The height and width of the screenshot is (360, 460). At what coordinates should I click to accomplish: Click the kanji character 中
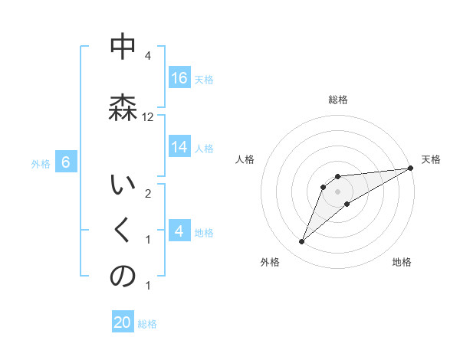click(123, 47)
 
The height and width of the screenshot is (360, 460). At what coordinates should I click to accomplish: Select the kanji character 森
click(123, 107)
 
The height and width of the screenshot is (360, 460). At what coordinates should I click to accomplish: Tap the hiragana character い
click(123, 185)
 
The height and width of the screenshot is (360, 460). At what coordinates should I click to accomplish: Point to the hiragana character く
click(123, 231)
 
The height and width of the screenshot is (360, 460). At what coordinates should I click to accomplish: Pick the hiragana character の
click(123, 277)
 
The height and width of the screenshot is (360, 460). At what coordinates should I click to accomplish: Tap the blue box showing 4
click(179, 230)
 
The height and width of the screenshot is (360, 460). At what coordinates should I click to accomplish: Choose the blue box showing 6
click(66, 162)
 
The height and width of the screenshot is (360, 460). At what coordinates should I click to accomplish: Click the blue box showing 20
click(123, 322)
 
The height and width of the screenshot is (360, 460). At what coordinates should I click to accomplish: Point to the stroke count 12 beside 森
click(148, 117)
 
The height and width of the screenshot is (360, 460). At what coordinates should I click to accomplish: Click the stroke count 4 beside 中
click(147, 56)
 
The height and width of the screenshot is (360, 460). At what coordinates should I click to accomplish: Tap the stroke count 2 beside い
click(147, 193)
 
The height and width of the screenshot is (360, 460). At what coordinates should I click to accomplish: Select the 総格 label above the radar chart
click(337, 100)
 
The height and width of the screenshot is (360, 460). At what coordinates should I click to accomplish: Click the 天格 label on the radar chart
click(432, 159)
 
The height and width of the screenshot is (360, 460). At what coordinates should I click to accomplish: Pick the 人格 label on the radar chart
click(245, 159)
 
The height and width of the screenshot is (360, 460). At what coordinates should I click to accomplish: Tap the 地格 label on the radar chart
click(402, 262)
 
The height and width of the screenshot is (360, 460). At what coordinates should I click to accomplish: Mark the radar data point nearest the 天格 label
click(410, 168)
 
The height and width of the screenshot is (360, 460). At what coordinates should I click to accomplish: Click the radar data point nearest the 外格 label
click(301, 242)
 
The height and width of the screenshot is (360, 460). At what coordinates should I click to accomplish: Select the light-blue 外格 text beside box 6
click(41, 163)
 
